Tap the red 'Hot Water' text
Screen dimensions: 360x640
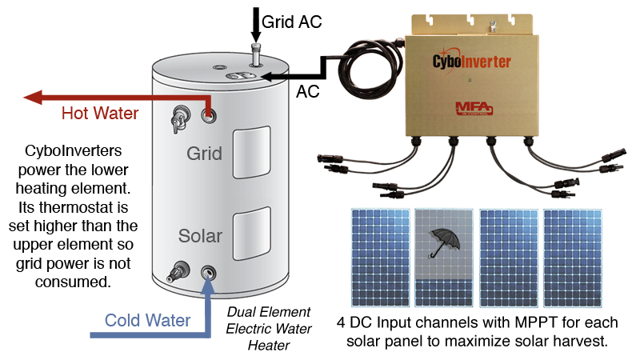(x=100, y=114)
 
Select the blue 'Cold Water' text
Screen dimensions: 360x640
(x=148, y=321)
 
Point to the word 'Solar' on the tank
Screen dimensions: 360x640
(x=200, y=237)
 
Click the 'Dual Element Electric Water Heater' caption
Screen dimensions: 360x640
(x=268, y=328)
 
